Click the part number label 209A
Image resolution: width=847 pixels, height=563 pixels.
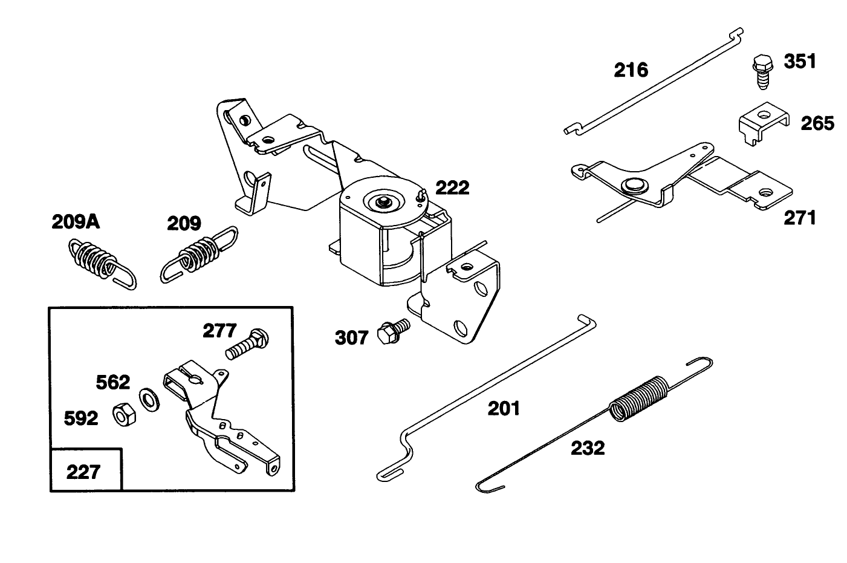[x=76, y=222]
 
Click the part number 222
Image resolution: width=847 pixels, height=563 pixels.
[x=452, y=188]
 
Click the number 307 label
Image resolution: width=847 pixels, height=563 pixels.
[x=351, y=337]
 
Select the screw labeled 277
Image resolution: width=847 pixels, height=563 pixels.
[x=248, y=343]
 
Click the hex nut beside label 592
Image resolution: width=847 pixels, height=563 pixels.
[x=123, y=415]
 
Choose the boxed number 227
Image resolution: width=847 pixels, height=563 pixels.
[x=83, y=471]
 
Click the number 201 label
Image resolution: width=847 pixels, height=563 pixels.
[x=504, y=409]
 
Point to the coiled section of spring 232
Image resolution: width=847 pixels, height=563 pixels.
[x=638, y=398]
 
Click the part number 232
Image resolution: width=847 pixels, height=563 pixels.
[x=588, y=448]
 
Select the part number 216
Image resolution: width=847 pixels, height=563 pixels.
[x=631, y=70]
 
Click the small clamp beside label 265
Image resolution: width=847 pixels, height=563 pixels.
[x=762, y=123]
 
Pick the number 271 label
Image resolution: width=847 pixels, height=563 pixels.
[x=799, y=217]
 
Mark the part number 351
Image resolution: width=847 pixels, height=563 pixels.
[x=800, y=62]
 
